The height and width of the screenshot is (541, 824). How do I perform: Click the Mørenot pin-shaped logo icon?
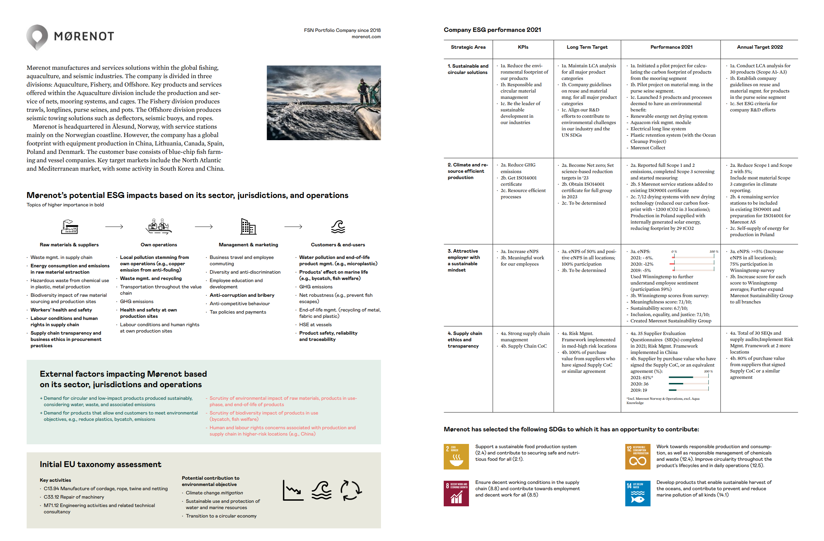[37, 36]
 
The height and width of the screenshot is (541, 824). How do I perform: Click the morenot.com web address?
[366, 37]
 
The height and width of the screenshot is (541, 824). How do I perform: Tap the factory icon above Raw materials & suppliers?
[69, 227]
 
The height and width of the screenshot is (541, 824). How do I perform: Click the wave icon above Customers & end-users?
[338, 227]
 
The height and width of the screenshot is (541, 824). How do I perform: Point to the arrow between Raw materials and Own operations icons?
[114, 227]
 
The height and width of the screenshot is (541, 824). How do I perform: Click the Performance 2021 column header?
[671, 47]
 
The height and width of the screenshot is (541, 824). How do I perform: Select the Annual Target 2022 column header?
[760, 47]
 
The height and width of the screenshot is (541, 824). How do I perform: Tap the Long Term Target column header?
[587, 47]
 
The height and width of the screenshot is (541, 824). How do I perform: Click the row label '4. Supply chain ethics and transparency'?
[465, 340]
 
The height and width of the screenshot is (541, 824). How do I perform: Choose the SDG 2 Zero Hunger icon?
[456, 457]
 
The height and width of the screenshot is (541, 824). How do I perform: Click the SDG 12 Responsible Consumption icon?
[638, 457]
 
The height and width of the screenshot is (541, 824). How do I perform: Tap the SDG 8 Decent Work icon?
[456, 493]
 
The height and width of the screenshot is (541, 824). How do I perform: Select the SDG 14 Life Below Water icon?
[638, 493]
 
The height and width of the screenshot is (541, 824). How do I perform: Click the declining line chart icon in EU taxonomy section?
[293, 490]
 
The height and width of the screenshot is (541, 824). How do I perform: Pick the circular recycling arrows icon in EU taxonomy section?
[350, 490]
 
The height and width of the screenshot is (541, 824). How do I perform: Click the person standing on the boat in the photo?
[363, 89]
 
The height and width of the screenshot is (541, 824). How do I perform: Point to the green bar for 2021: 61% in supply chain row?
[681, 377]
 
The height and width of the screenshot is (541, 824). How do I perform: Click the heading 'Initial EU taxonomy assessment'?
[101, 464]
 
